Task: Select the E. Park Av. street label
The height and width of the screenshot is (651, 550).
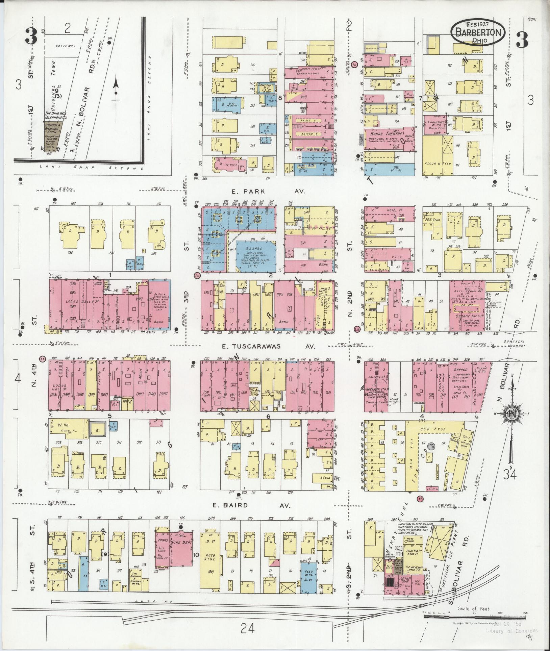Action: [269, 191]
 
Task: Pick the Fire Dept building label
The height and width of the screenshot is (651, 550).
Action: [181, 545]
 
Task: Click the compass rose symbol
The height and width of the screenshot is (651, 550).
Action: [511, 414]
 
